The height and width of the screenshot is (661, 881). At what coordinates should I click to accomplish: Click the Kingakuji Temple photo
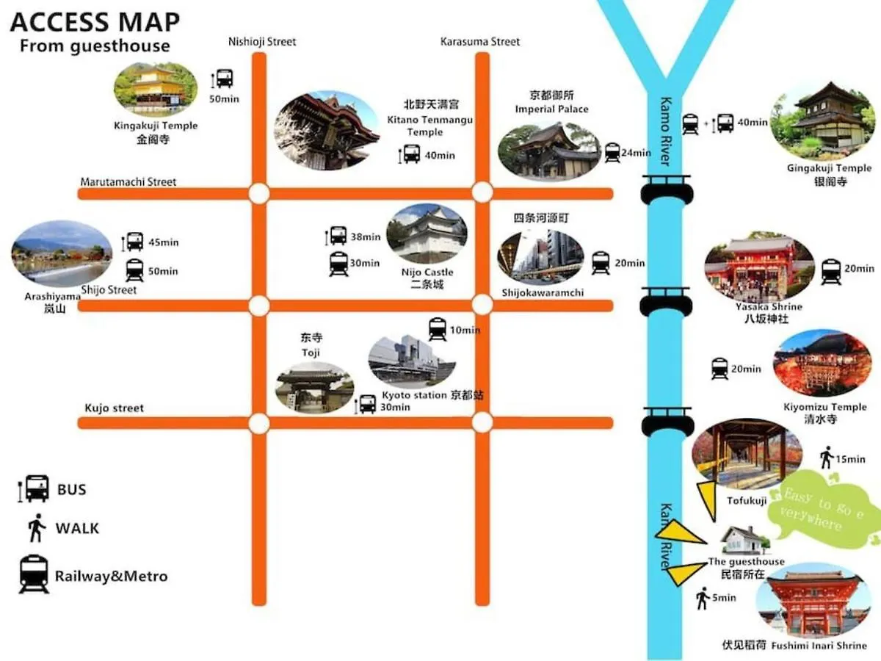point(156,88)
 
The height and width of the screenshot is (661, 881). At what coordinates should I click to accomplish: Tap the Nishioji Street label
point(262,42)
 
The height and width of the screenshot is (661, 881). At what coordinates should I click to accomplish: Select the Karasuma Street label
point(480,42)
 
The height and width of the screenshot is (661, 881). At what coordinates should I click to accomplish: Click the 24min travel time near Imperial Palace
point(636,153)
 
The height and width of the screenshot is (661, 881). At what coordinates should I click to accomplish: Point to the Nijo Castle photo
point(427,234)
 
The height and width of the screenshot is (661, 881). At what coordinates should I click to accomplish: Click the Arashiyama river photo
point(62,253)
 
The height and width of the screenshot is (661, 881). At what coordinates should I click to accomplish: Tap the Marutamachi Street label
point(128,181)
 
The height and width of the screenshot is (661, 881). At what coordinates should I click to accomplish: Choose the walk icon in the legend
point(36,527)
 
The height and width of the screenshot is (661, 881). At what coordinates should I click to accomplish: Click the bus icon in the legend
point(35,488)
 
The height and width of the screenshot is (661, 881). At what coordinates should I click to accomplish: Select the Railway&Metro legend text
point(111,577)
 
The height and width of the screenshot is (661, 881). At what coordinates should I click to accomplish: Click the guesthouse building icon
point(742,541)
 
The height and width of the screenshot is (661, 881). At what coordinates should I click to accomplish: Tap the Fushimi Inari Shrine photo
point(813,602)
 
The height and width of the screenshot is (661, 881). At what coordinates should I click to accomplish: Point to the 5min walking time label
point(725,598)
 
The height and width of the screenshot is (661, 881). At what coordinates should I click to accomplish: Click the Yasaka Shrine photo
point(759,267)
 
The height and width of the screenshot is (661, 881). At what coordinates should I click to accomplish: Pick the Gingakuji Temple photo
point(822,120)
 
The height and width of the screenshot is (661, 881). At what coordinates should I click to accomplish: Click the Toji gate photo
point(314,387)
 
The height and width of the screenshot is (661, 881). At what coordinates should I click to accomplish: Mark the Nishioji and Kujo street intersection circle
point(258,423)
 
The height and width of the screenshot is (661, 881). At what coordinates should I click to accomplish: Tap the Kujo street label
point(115,408)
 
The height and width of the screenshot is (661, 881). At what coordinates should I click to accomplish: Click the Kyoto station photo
point(411,361)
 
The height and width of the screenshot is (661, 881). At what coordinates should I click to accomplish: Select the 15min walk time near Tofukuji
point(850,459)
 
